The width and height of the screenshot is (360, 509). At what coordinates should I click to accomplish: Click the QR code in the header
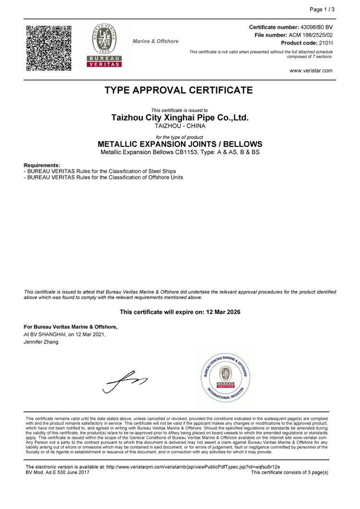48,48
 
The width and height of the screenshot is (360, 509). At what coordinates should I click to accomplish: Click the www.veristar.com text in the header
311,71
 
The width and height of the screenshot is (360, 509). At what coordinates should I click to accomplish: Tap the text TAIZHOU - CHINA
180,126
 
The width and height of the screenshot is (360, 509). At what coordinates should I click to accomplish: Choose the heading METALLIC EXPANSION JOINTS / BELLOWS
180,144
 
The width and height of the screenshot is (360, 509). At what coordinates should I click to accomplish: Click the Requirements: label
42,165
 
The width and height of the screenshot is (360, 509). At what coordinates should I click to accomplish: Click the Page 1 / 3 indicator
322,9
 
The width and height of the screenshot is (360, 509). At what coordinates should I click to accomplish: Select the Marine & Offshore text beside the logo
156,41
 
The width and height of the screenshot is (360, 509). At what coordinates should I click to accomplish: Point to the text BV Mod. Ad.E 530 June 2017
57,473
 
